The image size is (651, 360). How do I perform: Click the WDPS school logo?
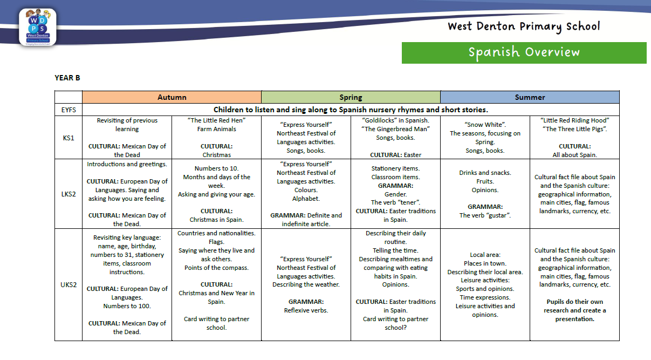38,27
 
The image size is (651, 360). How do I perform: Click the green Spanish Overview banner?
524,53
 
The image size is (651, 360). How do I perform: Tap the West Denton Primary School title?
524,27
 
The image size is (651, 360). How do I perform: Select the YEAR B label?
67,78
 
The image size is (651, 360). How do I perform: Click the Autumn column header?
172,97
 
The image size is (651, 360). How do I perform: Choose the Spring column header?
351,97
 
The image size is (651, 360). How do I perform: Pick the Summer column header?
530,97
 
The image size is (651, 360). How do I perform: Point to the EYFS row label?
68,110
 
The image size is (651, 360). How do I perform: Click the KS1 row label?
68,138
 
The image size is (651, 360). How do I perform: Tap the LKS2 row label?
68,194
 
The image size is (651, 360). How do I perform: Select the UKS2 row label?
68,284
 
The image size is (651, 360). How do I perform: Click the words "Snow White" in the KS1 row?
485,125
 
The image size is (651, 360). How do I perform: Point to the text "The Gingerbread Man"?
395,129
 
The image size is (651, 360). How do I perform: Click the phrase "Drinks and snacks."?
485,173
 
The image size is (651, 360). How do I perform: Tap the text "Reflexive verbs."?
306,310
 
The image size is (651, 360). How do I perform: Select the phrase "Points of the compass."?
216,268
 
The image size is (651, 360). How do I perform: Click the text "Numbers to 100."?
127,306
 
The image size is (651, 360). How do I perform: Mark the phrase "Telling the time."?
395,250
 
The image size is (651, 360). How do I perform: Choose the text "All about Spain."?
575,155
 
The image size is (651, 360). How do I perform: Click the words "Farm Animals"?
216,129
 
